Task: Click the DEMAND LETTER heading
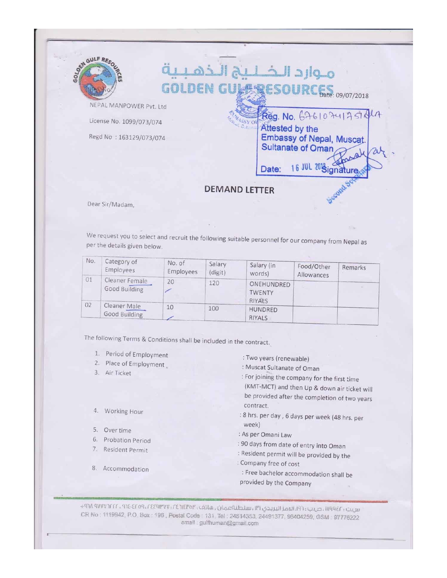click(x=239, y=190)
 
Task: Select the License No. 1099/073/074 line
click(x=125, y=122)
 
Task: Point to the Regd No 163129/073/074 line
click(x=127, y=137)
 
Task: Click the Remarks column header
click(x=354, y=268)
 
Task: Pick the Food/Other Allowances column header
click(x=313, y=271)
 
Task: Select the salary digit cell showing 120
click(x=214, y=283)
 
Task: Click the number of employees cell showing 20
click(x=171, y=282)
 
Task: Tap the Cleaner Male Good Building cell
click(x=123, y=310)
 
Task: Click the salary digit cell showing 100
click(x=213, y=308)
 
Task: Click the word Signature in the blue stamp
click(x=340, y=171)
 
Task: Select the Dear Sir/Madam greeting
click(x=110, y=204)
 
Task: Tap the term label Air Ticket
click(x=118, y=373)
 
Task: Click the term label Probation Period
click(x=127, y=440)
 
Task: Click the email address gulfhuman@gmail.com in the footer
click(x=220, y=523)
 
